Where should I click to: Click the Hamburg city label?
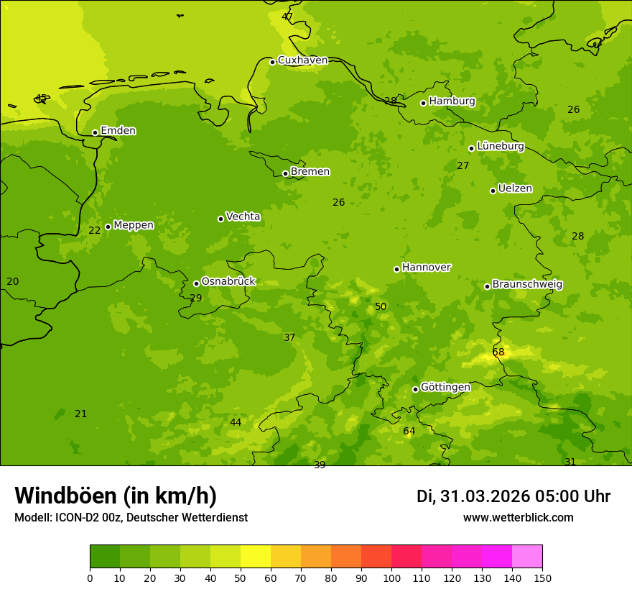coord(452,101)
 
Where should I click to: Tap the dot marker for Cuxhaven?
coord(272,62)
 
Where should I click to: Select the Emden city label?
coord(118,131)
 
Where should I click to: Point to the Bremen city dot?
coord(285,173)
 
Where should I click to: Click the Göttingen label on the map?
coord(445,388)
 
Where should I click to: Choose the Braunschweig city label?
coord(527,285)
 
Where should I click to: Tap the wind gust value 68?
coord(498,352)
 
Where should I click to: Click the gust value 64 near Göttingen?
coord(409,432)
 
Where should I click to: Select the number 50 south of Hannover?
coord(381,307)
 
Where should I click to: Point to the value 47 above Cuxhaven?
coord(287,17)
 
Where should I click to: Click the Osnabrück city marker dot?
coord(196,283)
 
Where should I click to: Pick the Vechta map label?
coord(243,217)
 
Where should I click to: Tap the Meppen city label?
coord(134,225)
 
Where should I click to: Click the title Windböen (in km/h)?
coord(116,496)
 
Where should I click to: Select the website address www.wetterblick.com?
coord(519,518)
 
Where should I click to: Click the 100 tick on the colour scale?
coord(391,578)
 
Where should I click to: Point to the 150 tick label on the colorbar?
coord(542,578)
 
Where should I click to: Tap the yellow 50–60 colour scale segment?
coord(256,557)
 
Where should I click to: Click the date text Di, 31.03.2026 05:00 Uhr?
coord(513,496)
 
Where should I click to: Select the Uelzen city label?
coord(515,188)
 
